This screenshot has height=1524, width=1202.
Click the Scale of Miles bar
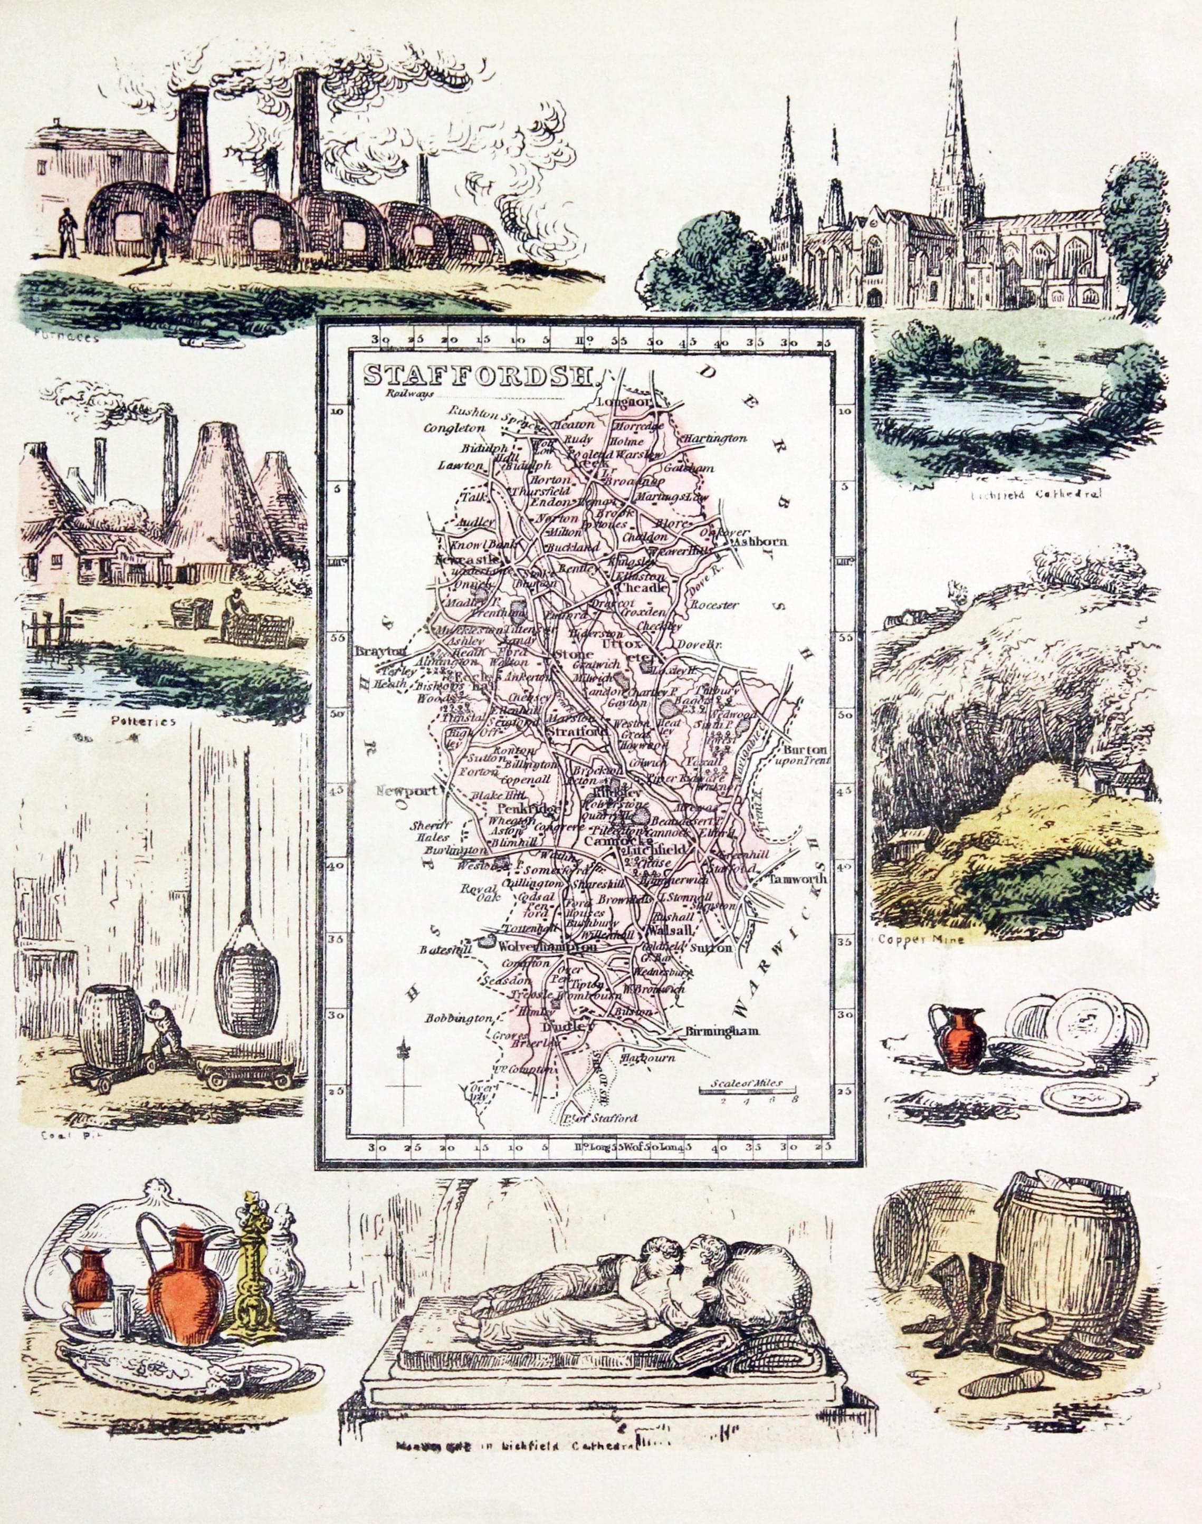tap(747, 1090)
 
